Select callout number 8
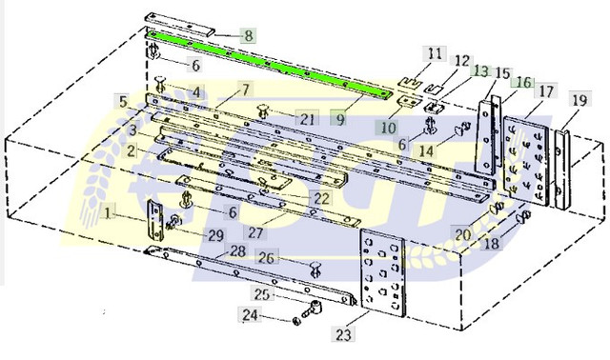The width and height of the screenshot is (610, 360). pos(248,36)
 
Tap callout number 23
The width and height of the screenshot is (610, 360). pos(343,334)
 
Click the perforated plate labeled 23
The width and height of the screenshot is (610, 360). pos(382,272)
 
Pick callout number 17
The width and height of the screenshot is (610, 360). pos(546,91)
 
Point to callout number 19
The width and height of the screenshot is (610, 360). pos(579,100)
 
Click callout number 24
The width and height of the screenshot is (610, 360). pos(250,314)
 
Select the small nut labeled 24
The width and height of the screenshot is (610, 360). pos(296,321)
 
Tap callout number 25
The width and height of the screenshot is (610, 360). pos(261,294)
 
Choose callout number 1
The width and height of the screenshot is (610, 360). pos(108,212)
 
